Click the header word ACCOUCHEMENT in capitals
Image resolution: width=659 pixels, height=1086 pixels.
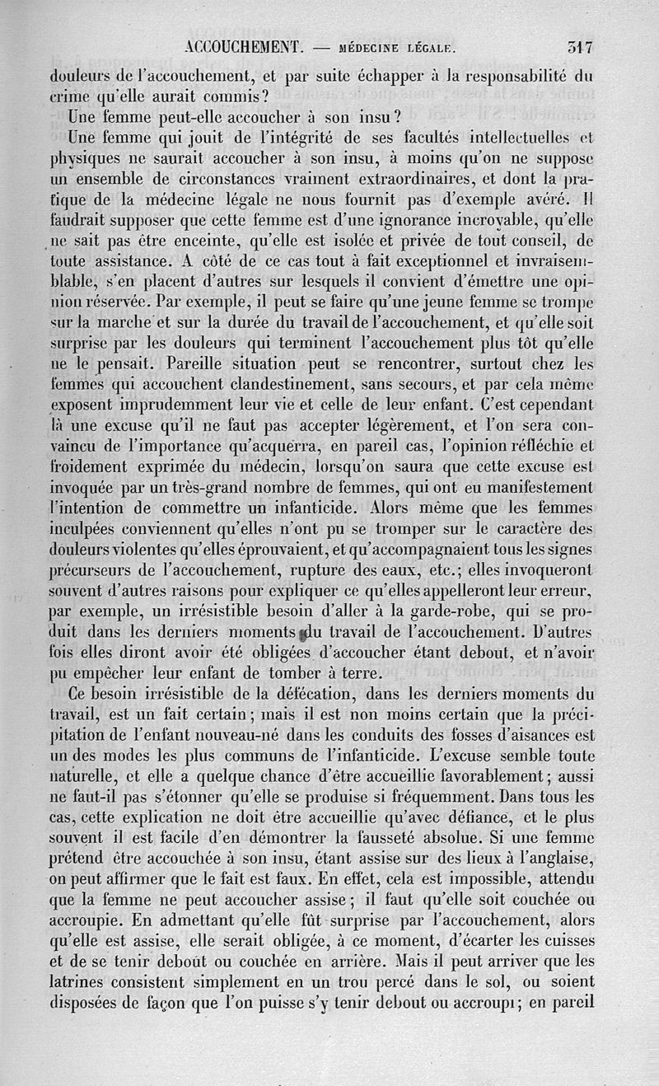pyautogui.click(x=247, y=47)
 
